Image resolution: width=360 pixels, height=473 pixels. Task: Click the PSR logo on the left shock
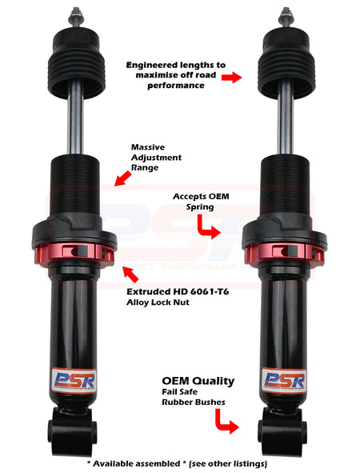(74, 381)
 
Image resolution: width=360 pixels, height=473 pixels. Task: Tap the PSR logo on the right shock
(284, 381)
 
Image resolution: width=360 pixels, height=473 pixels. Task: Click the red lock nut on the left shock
(74, 254)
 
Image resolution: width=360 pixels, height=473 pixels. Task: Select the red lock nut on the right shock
(284, 254)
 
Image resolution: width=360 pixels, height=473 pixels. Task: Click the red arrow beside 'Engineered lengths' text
(231, 77)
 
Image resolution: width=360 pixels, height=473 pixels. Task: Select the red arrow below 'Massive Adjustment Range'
(122, 178)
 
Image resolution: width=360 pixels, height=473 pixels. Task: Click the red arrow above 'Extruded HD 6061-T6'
(130, 275)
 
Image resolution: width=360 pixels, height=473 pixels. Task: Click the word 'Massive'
(148, 147)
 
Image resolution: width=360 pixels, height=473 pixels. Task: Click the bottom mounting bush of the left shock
(72, 432)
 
